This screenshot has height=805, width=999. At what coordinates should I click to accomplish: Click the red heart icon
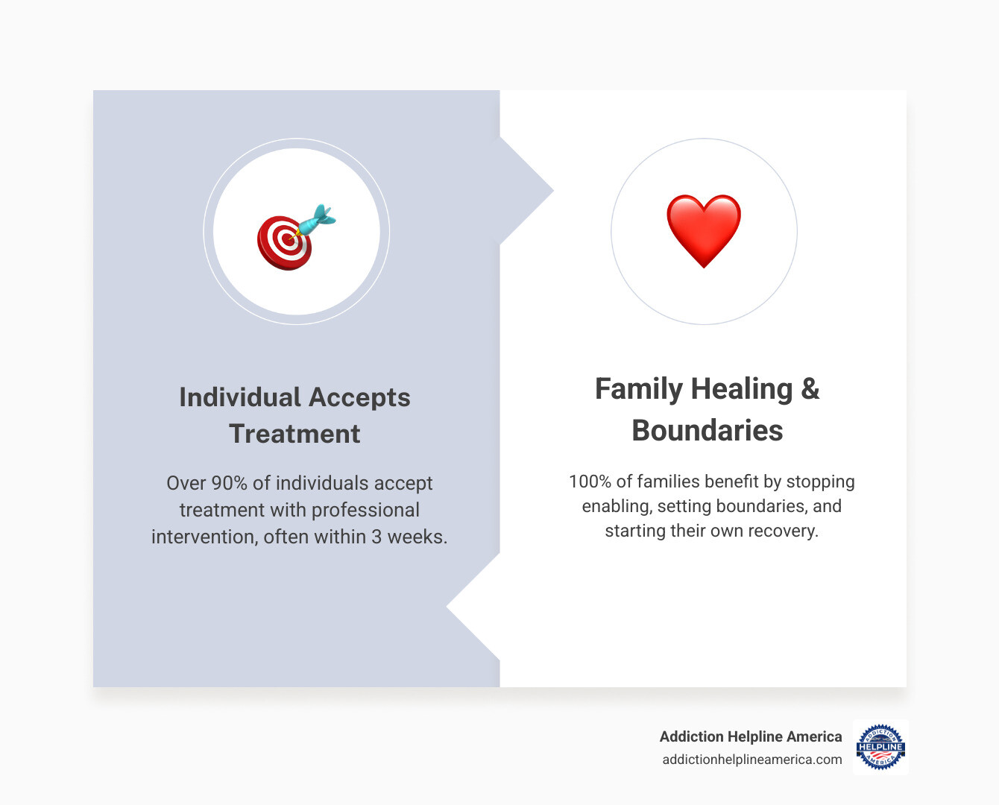[x=704, y=230]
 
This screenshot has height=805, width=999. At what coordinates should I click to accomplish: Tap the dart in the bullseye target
[x=316, y=221]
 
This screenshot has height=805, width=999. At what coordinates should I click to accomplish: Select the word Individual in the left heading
[x=239, y=397]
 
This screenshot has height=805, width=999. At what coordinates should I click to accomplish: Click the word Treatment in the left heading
[x=294, y=434]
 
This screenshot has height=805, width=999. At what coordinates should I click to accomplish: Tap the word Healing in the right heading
[x=741, y=389]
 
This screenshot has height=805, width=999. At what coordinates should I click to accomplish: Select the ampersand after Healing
[x=810, y=389]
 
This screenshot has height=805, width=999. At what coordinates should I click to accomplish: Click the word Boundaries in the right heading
[x=707, y=431]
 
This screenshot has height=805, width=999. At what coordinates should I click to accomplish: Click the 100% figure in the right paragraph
[x=590, y=482]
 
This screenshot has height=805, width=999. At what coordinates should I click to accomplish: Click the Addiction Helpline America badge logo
[x=880, y=747]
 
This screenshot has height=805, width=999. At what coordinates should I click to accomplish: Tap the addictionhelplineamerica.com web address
[x=751, y=760]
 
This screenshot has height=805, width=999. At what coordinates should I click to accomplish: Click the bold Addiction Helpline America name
[x=750, y=736]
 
